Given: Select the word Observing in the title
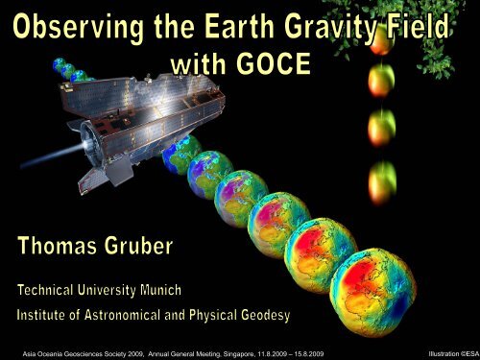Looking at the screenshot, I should [x=82, y=22].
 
